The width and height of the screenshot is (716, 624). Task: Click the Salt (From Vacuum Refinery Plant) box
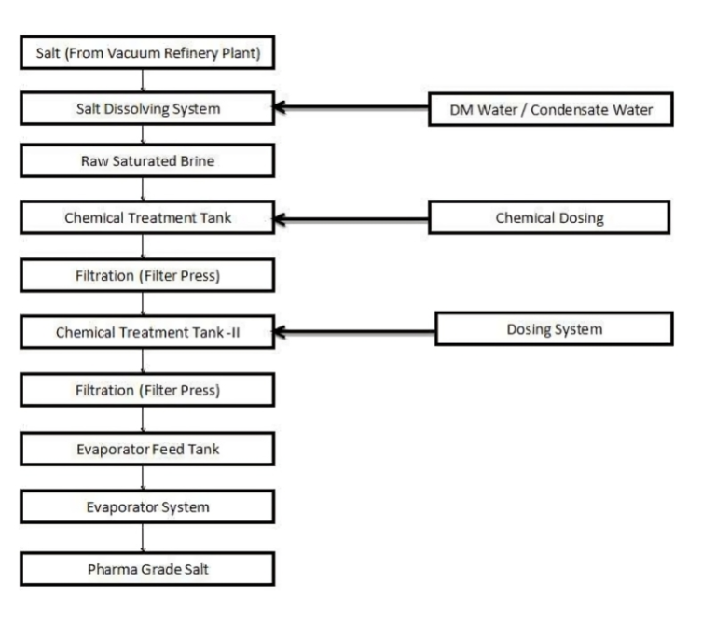(147, 53)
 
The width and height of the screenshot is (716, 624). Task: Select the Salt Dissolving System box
(147, 108)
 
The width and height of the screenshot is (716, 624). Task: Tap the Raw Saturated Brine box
(147, 161)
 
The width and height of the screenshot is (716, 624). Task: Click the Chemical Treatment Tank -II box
(147, 331)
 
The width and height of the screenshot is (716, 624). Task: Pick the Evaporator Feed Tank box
(147, 450)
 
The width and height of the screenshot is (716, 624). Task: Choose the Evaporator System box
(147, 508)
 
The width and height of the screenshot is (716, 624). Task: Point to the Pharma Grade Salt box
(147, 567)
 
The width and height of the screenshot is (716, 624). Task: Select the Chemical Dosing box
(549, 218)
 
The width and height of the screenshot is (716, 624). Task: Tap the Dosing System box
(554, 328)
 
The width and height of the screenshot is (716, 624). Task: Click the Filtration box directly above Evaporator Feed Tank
(147, 391)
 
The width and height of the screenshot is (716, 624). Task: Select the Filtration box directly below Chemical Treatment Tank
(147, 275)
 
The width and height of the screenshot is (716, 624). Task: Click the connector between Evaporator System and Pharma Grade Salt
(142, 538)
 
